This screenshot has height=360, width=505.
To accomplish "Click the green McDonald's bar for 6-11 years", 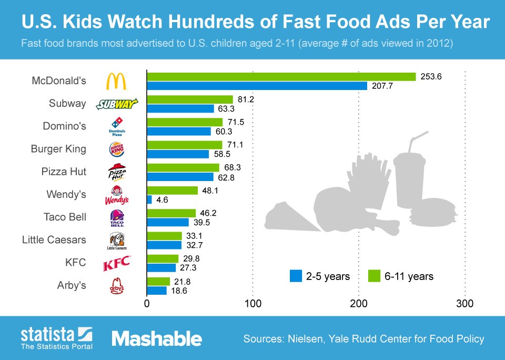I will coord(281,77).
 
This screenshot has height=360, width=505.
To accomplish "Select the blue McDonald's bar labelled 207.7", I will coord(257,86).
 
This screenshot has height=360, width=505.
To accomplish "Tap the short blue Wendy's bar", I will coord(149,199).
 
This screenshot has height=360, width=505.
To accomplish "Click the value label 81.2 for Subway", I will coord(245,99).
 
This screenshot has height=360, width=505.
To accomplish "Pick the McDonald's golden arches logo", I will coord(116,81).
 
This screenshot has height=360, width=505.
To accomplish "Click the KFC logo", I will coord(116,264).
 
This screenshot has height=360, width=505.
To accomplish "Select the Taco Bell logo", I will coord(116,218).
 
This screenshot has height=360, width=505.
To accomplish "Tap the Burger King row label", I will coord(58,149).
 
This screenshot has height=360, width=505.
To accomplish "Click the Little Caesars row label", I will coord(54,240).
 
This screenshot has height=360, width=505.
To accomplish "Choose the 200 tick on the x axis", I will coord(359,304).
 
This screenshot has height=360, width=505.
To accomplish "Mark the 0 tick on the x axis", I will coord(147,304).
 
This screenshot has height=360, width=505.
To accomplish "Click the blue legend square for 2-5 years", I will coord(296,276).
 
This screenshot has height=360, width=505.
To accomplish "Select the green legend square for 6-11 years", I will coord(374,276).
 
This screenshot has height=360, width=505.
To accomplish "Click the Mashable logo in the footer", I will coord(156,338).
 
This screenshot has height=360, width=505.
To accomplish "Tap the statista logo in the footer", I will coord(56,335).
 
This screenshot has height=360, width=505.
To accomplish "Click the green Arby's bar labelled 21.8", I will coord(158,282).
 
